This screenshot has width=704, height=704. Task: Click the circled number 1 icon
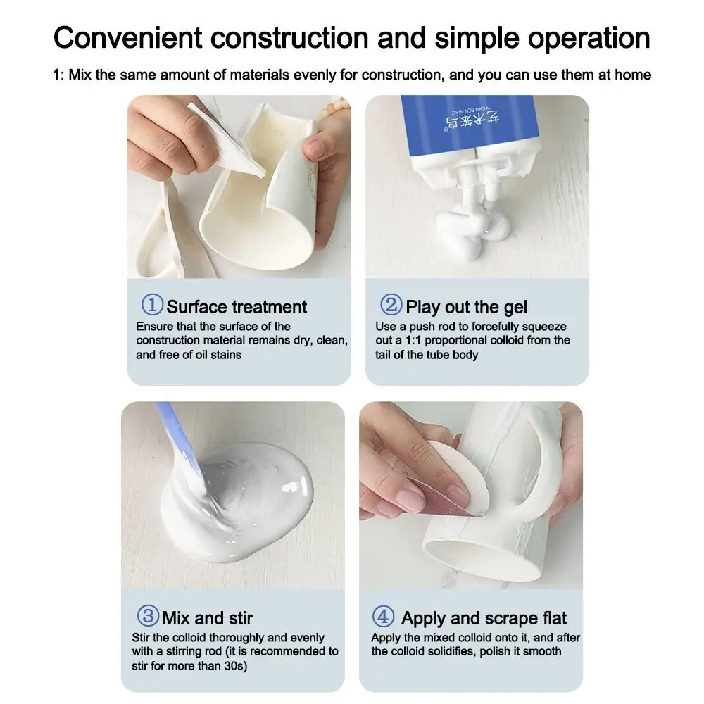coord(152,305)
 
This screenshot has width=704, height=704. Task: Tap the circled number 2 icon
coord(391,305)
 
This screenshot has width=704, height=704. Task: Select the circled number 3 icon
coord(148,616)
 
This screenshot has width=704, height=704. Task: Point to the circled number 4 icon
coord(384,617)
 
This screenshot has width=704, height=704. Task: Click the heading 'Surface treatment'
coord(237,307)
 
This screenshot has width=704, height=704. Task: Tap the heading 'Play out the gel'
coord(467,308)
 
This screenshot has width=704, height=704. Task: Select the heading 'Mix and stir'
coord(208,618)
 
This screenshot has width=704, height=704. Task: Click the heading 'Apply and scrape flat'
coord(484,619)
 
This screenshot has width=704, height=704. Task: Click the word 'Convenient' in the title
coord(128,38)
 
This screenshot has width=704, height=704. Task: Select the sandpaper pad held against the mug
coord(444,476)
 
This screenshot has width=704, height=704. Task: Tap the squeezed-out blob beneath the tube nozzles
coord(476,231)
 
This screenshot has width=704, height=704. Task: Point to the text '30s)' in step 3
coord(236,665)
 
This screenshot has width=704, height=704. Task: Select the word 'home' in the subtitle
coord(633,75)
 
